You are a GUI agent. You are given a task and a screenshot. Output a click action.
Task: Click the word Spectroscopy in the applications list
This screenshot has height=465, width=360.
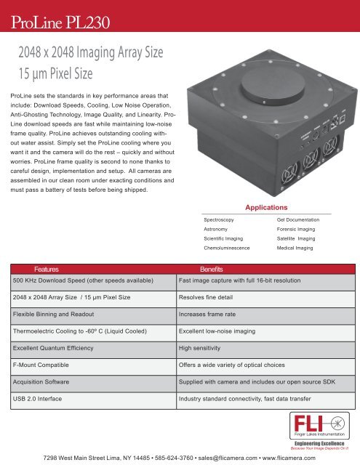(223, 218)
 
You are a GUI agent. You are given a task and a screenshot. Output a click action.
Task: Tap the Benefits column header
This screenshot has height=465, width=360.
(216, 268)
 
